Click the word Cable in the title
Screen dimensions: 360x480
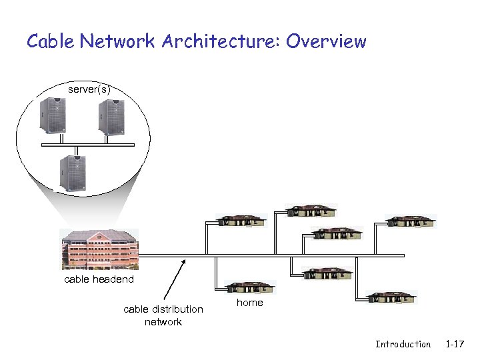[x=51, y=41]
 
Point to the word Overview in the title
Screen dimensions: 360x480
[x=326, y=41]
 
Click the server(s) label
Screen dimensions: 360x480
[x=89, y=89]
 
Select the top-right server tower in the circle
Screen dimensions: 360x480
[x=111, y=117]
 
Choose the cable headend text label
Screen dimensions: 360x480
[x=99, y=279]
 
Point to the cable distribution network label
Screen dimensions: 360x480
[x=163, y=315]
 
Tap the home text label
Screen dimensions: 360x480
[x=250, y=303]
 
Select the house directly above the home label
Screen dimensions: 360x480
[x=249, y=287]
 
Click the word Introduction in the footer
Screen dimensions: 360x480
[x=403, y=344]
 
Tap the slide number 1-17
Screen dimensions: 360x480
[x=455, y=344]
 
